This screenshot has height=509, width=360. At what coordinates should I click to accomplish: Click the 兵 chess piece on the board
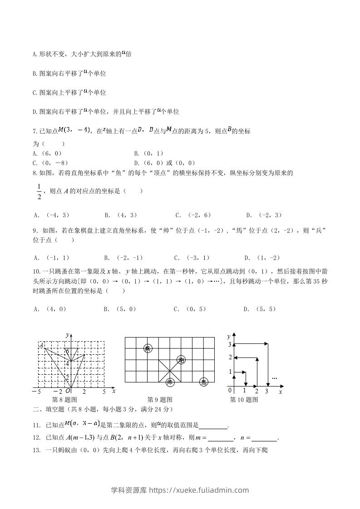pyautogui.click(x=148, y=348)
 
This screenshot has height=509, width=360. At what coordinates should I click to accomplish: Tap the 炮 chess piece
pyautogui.click(x=181, y=360)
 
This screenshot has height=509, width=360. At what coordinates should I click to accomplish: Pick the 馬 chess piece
pyautogui.click(x=204, y=382)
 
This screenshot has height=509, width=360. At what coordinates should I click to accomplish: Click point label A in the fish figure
pyautogui.click(x=41, y=345)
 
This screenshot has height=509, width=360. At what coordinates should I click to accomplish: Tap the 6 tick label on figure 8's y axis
pyautogui.click(x=67, y=352)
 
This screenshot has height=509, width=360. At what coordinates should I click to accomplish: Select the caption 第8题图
pyautogui.click(x=65, y=400)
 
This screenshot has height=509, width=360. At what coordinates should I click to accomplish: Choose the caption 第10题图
pyautogui.click(x=244, y=400)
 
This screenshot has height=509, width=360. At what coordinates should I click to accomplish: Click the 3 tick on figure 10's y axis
pyautogui.click(x=230, y=345)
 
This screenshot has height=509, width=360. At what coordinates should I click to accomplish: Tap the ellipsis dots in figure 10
pyautogui.click(x=274, y=377)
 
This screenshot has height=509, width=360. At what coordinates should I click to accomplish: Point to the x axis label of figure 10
pyautogui.click(x=281, y=391)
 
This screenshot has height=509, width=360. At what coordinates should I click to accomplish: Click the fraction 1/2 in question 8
pyautogui.click(x=39, y=191)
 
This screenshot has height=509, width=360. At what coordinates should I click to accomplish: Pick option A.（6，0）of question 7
pyautogui.click(x=48, y=154)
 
